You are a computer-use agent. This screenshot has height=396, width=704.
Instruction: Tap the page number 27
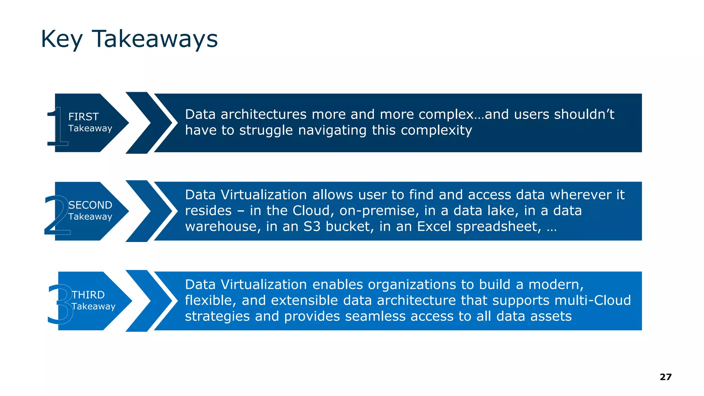[665, 377]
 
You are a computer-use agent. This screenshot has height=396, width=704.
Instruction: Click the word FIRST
[84, 117]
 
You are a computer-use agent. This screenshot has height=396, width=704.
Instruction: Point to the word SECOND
[90, 205]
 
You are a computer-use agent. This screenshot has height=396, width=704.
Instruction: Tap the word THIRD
[88, 295]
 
